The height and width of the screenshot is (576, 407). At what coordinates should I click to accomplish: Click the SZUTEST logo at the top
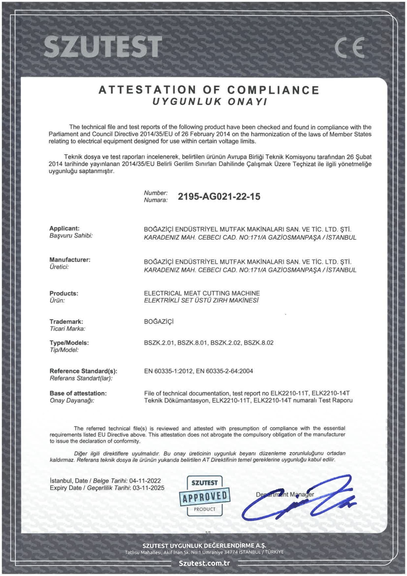[x=103, y=46]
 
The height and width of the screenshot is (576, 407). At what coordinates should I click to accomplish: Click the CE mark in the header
[x=349, y=47]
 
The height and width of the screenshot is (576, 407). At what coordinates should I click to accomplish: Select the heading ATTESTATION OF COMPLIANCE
[x=209, y=90]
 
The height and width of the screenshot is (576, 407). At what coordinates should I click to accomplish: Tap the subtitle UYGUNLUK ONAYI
[x=210, y=102]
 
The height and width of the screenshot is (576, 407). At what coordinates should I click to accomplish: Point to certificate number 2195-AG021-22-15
[x=219, y=196]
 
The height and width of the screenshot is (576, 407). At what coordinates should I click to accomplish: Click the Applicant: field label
[x=64, y=228]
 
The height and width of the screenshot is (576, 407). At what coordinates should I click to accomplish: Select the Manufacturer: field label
[x=70, y=260]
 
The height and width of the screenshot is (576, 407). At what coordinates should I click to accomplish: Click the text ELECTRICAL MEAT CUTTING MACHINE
[x=202, y=293]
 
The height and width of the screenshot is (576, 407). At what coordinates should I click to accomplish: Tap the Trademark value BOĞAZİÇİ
[x=159, y=322]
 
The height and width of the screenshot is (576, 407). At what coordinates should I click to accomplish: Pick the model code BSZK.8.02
[x=258, y=343]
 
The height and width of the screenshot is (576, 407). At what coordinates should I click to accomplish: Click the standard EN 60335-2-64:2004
[x=224, y=371]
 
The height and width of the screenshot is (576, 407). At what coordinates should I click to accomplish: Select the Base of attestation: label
[x=78, y=393]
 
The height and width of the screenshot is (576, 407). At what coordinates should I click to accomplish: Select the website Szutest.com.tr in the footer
[x=204, y=563]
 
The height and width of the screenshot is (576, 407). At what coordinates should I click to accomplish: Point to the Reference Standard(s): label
[x=83, y=371]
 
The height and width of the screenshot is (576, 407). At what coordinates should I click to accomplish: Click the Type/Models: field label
[x=69, y=343]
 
